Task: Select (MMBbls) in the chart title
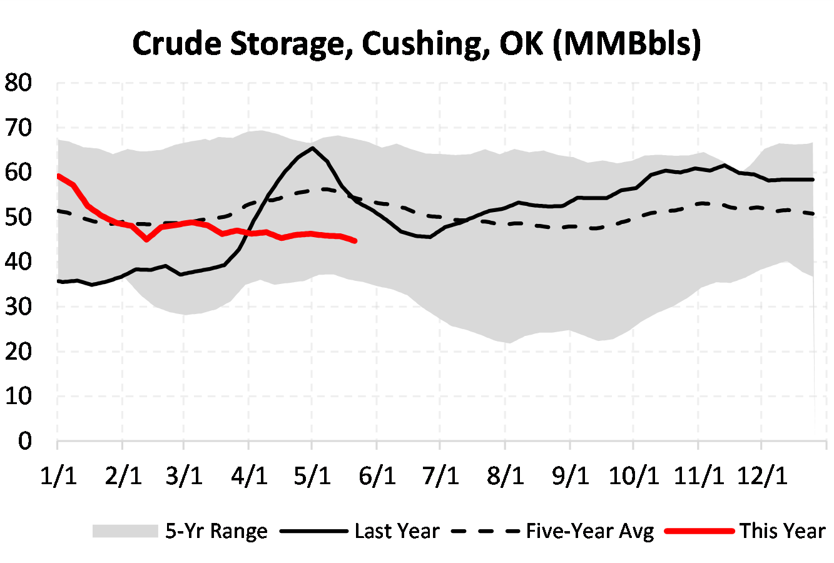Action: (627, 44)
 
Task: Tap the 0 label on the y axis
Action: (24, 441)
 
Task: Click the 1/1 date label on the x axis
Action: (58, 476)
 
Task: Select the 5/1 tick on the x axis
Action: (313, 476)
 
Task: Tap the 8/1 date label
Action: (505, 476)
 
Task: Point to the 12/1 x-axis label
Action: (761, 476)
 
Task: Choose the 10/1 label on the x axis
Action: (634, 476)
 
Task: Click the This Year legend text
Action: (783, 531)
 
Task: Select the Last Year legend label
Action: (397, 531)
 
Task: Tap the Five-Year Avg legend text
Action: (589, 531)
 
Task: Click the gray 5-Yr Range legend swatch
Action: (125, 531)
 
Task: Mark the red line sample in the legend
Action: (699, 531)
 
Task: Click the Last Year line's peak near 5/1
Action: (312, 148)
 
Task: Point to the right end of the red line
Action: (355, 241)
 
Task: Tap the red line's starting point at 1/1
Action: (58, 176)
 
